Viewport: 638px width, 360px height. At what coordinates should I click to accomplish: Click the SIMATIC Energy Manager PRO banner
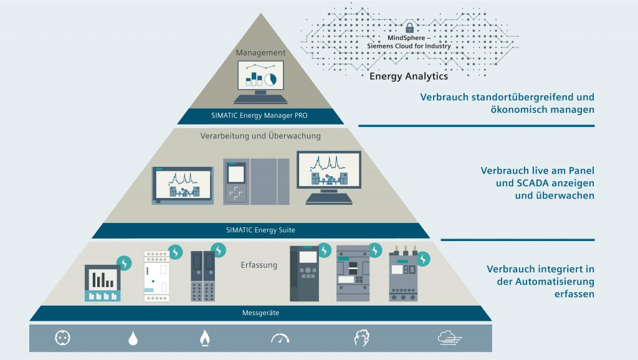click(260, 116)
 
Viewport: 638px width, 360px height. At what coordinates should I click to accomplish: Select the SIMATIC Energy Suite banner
click(260, 230)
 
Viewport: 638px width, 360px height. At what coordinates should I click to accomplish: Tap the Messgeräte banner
click(260, 313)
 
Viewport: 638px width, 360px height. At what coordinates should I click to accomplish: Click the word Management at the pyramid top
click(260, 53)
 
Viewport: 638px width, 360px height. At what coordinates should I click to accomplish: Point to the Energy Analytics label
click(409, 77)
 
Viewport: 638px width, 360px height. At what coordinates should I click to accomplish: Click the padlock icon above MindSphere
click(409, 29)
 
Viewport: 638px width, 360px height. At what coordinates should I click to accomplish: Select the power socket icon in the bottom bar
click(63, 338)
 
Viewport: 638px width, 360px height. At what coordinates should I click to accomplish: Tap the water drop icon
click(133, 338)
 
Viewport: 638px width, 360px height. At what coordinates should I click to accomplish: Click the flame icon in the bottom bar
click(204, 338)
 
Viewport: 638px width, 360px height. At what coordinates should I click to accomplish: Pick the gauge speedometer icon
click(280, 338)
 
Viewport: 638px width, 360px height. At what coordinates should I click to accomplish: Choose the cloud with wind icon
click(450, 338)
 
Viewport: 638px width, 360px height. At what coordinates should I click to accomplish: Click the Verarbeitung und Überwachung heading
click(260, 136)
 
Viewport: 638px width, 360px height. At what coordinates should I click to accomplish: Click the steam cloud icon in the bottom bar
click(361, 338)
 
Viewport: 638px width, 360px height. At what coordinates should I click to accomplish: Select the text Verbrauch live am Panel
click(537, 170)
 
